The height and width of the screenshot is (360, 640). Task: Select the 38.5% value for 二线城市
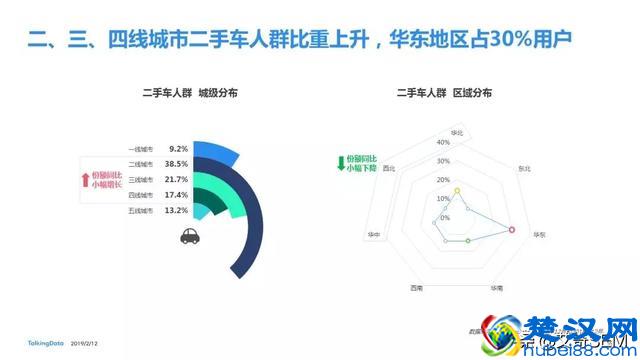[177, 163]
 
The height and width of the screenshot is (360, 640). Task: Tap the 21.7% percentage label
[177, 179]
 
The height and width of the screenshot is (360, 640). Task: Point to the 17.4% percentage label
[177, 195]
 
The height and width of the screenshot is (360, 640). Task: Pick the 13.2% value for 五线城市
[177, 211]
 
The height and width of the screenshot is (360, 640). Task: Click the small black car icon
[188, 236]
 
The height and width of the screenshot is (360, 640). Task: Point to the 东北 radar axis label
[524, 169]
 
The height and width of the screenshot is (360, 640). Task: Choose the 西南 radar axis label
[415, 287]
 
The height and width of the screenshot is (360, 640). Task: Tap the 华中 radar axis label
[373, 234]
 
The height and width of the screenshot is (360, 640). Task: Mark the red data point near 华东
[512, 230]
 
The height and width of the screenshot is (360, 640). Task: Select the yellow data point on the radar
[457, 190]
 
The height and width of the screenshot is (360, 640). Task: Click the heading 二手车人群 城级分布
[187, 93]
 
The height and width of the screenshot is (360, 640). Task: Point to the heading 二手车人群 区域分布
[444, 93]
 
